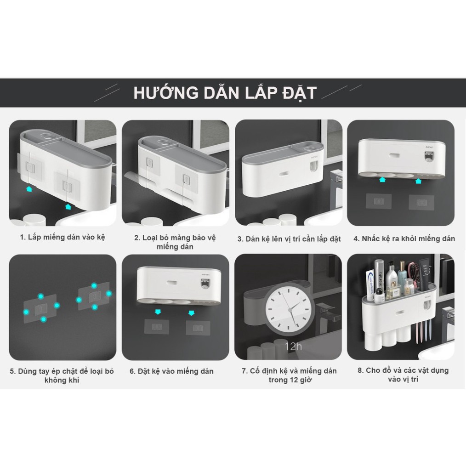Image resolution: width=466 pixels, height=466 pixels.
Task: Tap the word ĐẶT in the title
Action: click(299, 92)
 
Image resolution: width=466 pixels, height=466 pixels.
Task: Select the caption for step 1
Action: click(63, 238)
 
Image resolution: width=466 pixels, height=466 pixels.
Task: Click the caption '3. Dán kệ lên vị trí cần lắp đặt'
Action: click(289, 239)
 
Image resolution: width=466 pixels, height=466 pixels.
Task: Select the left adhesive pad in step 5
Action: click(41, 306)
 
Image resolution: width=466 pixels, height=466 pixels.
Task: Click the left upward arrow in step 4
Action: click(381, 181)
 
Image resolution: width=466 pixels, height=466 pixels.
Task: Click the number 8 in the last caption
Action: click(361, 370)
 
